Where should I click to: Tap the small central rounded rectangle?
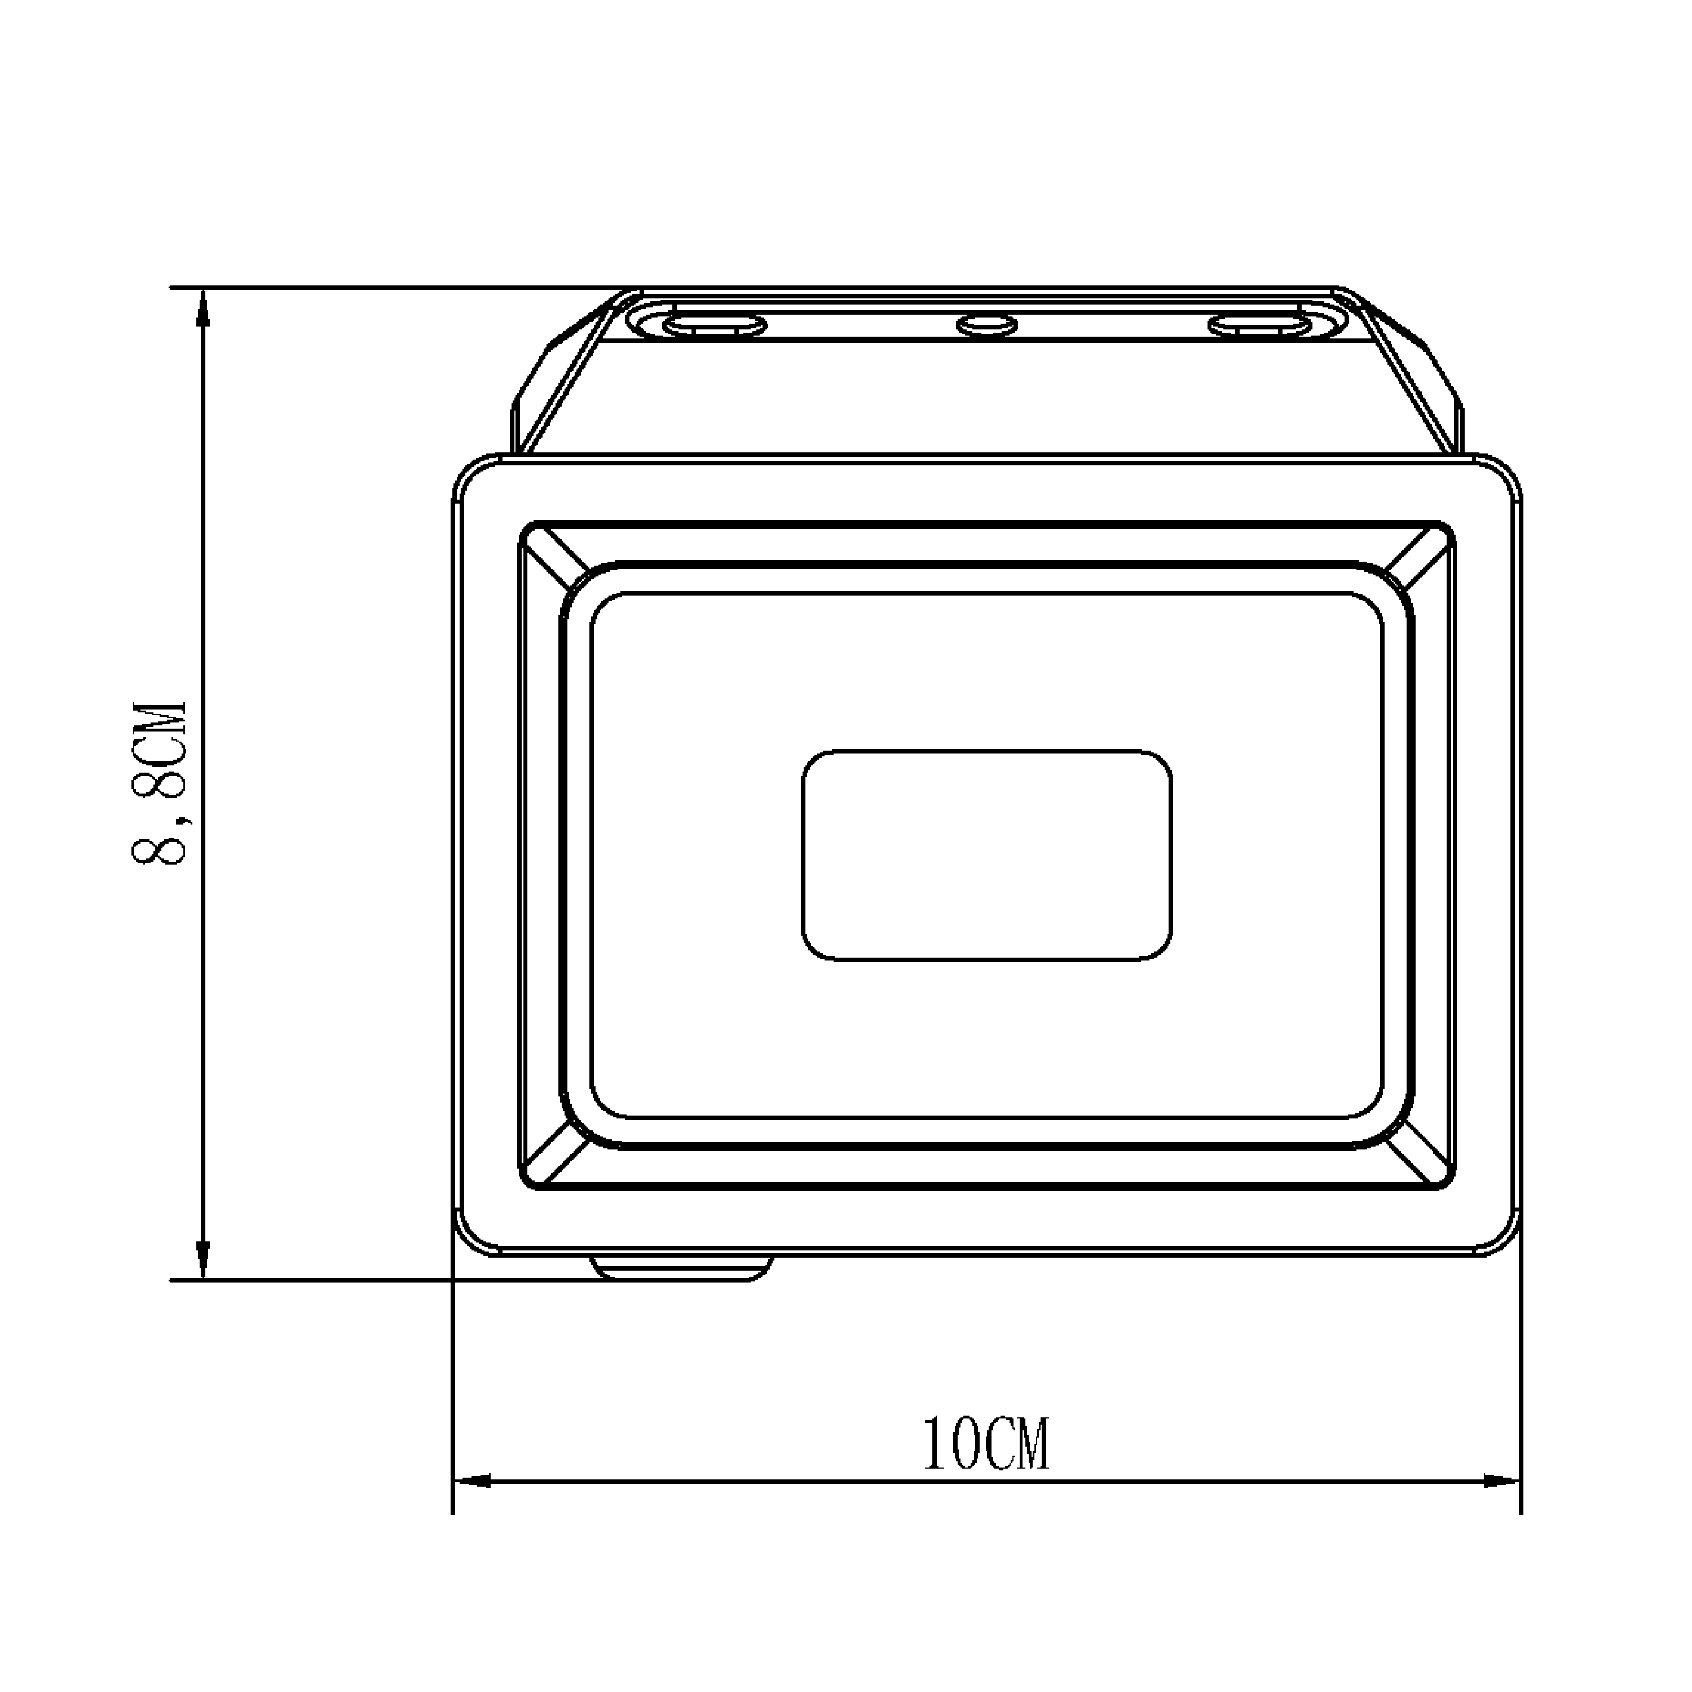987,856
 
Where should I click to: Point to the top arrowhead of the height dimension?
203,306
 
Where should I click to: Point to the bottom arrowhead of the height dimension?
203,1261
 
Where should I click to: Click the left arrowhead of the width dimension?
473,1481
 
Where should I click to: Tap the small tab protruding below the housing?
681,1268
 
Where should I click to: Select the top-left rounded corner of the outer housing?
473,477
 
